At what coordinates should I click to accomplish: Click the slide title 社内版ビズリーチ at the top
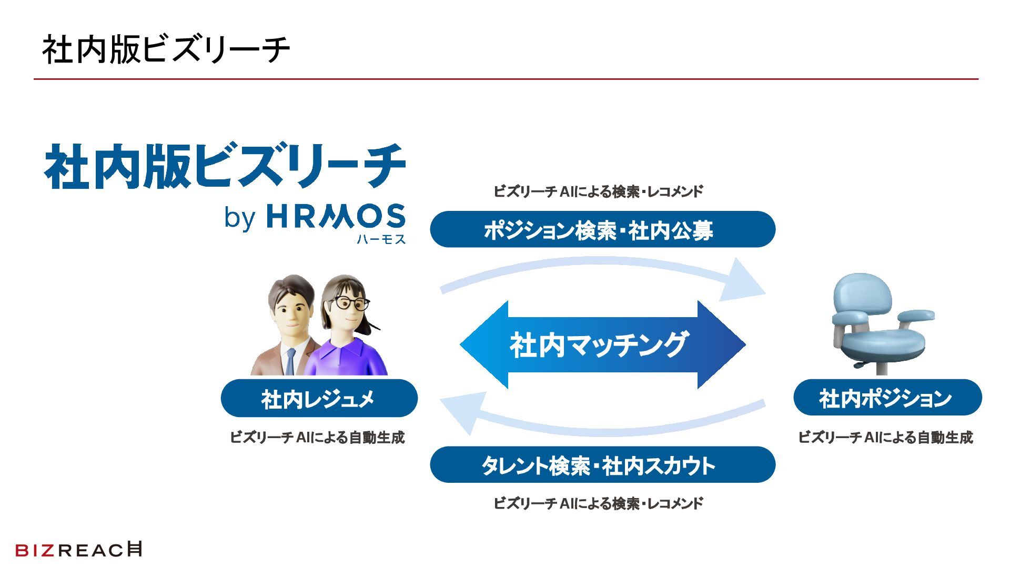click(x=166, y=50)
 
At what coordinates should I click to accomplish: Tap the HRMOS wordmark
click(x=336, y=217)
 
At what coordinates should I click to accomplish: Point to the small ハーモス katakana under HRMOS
click(x=381, y=239)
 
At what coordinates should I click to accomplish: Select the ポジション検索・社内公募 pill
click(x=602, y=230)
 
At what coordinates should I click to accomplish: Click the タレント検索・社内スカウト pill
click(x=602, y=465)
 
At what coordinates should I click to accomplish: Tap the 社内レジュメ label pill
click(x=319, y=398)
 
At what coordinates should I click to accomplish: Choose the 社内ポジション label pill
click(x=887, y=398)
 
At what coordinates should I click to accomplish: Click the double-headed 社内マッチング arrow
click(x=602, y=344)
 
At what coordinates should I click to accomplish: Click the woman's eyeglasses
click(x=349, y=303)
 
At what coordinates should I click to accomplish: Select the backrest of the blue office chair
click(x=863, y=293)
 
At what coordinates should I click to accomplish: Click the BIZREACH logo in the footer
click(x=79, y=550)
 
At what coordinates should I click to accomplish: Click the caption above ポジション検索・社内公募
click(x=598, y=191)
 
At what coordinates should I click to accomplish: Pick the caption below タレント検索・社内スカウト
click(x=598, y=503)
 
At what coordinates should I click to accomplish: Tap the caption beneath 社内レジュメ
click(x=317, y=437)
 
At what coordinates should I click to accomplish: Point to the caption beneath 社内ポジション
click(x=885, y=437)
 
